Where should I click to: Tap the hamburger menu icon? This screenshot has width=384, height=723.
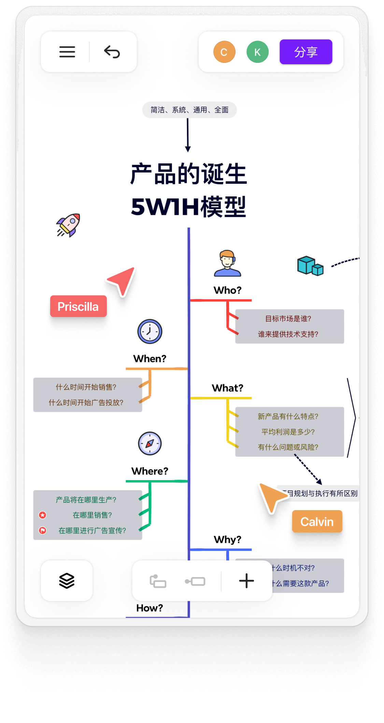click(67, 52)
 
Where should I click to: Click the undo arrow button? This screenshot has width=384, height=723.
click(112, 52)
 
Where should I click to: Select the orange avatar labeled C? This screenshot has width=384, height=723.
click(224, 52)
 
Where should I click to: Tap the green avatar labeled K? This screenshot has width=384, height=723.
click(257, 52)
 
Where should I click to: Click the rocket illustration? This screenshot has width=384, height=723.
click(69, 225)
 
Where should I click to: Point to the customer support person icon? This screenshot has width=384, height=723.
click(227, 263)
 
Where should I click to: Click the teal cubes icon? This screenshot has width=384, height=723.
click(310, 266)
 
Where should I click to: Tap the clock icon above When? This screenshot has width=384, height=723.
click(150, 331)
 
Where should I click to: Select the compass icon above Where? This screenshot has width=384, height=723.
click(150, 444)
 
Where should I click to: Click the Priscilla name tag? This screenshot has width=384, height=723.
click(78, 306)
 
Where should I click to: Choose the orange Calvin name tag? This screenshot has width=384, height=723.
click(317, 521)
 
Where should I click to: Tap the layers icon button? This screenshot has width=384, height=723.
click(67, 581)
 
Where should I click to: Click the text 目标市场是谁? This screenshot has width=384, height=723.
click(288, 319)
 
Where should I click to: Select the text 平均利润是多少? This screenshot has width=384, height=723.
click(288, 432)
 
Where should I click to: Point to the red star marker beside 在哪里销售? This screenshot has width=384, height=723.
click(43, 515)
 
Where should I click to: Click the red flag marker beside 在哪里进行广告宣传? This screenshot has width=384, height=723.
click(43, 530)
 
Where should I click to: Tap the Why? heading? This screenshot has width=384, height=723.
click(227, 540)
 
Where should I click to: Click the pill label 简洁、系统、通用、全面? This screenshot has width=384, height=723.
click(189, 110)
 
